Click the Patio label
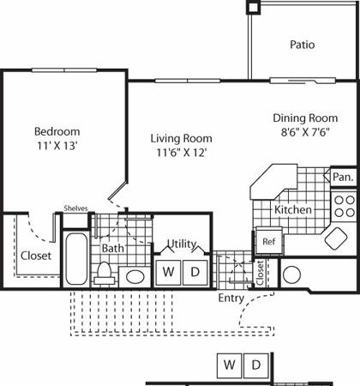click(x=303, y=45)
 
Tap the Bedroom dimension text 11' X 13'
click(x=57, y=146)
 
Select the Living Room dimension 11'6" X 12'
click(x=182, y=153)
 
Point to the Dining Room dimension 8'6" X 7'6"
click(x=305, y=132)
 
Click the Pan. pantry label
click(x=344, y=177)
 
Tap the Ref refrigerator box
click(x=269, y=241)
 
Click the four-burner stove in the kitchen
click(x=345, y=206)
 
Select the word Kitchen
click(x=293, y=210)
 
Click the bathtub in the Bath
click(x=76, y=259)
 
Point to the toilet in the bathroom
click(x=104, y=274)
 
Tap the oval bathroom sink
click(x=135, y=277)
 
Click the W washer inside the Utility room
click(x=168, y=273)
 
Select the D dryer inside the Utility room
click(x=195, y=273)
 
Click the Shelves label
click(x=75, y=208)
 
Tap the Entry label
click(x=231, y=299)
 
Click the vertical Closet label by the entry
click(x=260, y=273)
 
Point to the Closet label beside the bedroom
click(x=36, y=256)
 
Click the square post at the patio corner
click(x=253, y=7)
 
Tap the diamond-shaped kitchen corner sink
click(x=336, y=238)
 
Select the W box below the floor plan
click(x=230, y=365)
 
